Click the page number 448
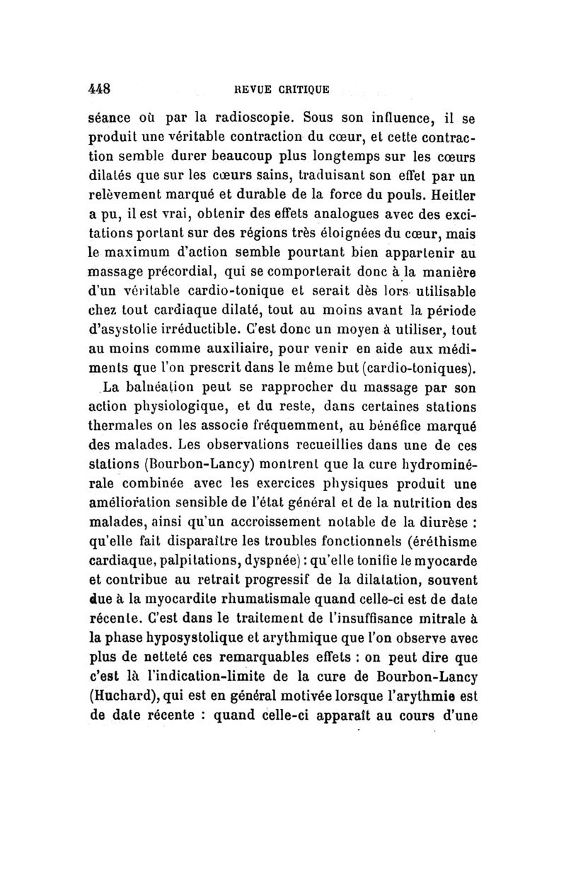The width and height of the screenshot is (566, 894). (100, 89)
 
